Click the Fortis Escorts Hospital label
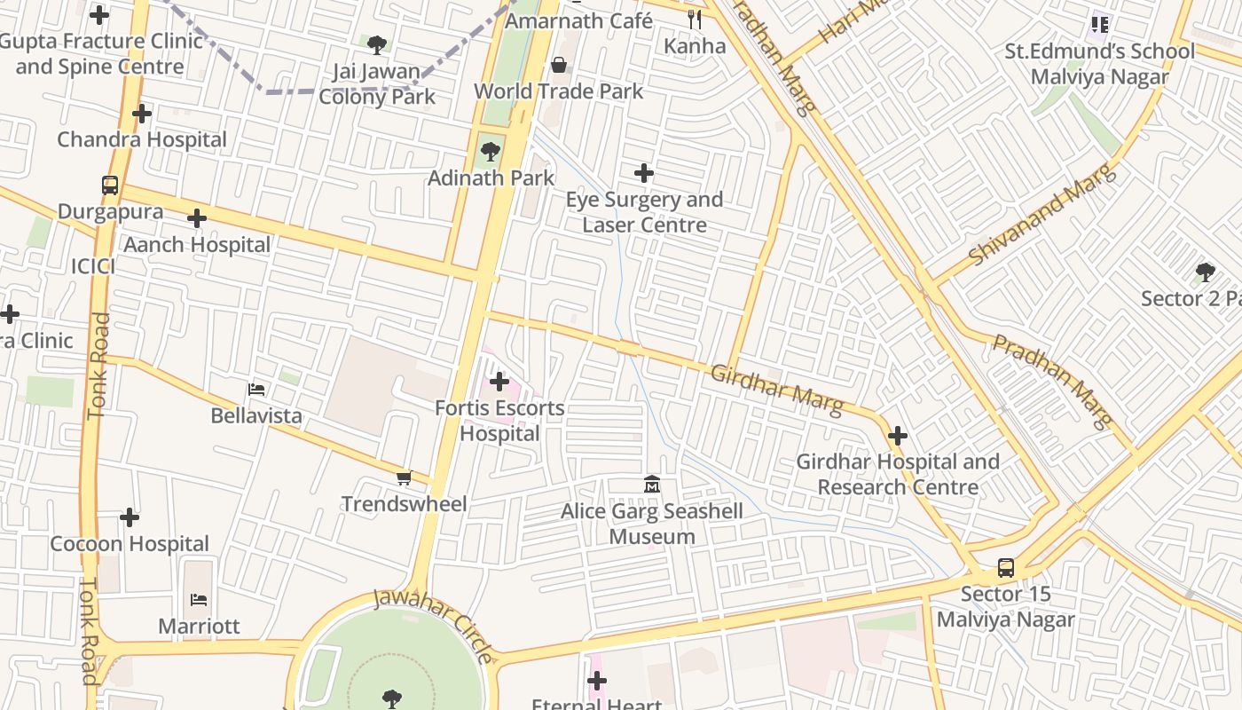click(x=499, y=421)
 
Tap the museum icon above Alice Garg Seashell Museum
click(x=653, y=485)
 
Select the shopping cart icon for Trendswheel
click(x=405, y=478)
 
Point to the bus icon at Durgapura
click(x=110, y=185)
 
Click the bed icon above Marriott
click(x=199, y=600)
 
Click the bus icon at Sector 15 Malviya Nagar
click(x=1005, y=568)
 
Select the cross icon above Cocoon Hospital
click(x=130, y=517)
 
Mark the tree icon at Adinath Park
click(x=490, y=152)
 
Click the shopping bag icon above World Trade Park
click(x=559, y=65)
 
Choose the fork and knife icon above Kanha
click(x=695, y=19)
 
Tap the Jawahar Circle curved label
click(x=434, y=623)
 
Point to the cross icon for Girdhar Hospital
click(x=898, y=436)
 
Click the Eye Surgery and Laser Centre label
click(x=644, y=212)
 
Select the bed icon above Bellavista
click(x=255, y=389)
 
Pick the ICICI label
click(x=93, y=265)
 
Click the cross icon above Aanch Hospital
click(x=197, y=218)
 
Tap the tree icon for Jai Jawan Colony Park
click(x=377, y=44)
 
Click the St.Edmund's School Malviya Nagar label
click(x=1099, y=64)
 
